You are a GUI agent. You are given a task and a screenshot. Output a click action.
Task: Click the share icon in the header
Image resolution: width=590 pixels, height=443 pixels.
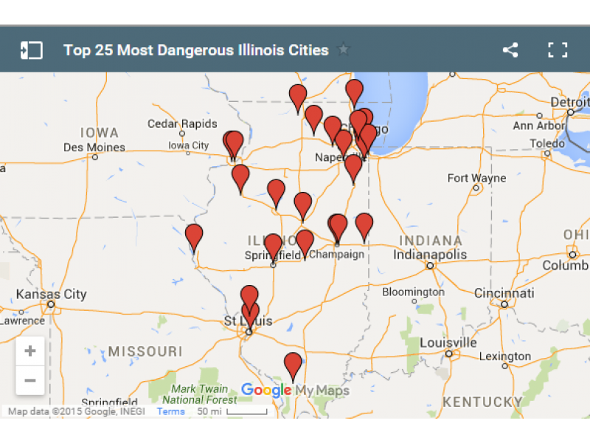pyautogui.click(x=510, y=50)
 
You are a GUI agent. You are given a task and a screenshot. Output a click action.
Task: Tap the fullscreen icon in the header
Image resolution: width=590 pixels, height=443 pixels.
pyautogui.click(x=558, y=50)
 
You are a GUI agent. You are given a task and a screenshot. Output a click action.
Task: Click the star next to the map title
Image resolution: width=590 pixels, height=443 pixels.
pyautogui.click(x=343, y=50)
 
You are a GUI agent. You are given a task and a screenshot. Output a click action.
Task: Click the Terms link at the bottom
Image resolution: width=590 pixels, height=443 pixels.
pyautogui.click(x=170, y=411)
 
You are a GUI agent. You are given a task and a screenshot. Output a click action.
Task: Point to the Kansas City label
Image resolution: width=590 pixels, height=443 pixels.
pyautogui.click(x=51, y=294)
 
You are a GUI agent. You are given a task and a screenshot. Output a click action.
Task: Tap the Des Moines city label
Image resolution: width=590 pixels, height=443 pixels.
pyautogui.click(x=94, y=147)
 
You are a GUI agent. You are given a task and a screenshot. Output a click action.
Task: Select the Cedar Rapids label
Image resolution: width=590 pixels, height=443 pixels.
pyautogui.click(x=182, y=123)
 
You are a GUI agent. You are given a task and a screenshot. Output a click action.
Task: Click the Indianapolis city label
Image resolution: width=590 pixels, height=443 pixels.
pyautogui.click(x=430, y=255)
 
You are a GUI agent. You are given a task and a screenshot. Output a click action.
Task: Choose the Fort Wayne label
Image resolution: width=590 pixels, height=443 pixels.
pyautogui.click(x=476, y=178)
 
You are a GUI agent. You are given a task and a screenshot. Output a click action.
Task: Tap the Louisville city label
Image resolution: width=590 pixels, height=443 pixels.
pyautogui.click(x=448, y=343)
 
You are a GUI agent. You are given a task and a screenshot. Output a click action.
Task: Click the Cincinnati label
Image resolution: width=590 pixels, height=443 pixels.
pyautogui.click(x=504, y=293)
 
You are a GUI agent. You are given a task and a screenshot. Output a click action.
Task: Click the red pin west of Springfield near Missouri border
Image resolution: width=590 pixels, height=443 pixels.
pyautogui.click(x=194, y=237)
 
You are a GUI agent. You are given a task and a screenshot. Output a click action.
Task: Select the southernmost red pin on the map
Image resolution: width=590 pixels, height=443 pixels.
pyautogui.click(x=293, y=365)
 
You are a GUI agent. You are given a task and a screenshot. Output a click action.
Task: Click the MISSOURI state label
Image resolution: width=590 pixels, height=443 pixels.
pyautogui.click(x=144, y=351)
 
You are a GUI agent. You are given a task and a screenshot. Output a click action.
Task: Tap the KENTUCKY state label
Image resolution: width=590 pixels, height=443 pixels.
pyautogui.click(x=482, y=402)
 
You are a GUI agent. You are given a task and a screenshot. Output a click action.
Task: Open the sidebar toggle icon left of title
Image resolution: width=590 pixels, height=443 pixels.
pyautogui.click(x=31, y=50)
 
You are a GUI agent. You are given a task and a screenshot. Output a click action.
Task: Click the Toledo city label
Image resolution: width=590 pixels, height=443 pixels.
pyautogui.click(x=547, y=142)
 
